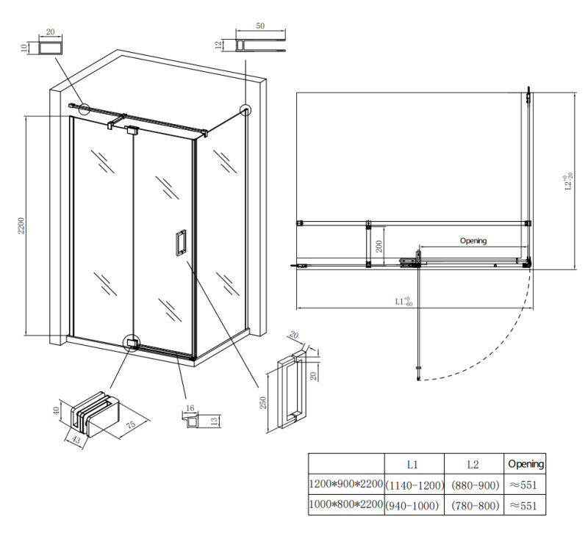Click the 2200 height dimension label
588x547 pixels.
[x=21, y=225]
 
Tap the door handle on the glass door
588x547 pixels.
[x=181, y=242]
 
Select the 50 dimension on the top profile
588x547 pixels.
[x=260, y=26]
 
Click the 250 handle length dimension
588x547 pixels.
[x=263, y=403]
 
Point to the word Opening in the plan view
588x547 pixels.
[x=473, y=241]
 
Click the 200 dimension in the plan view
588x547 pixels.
[x=379, y=246]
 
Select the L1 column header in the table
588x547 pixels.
[x=412, y=465]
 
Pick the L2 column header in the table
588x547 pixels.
[x=473, y=465]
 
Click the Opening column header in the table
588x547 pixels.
[x=526, y=464]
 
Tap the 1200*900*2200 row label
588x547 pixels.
[x=345, y=484]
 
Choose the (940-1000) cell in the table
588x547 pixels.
[x=412, y=506]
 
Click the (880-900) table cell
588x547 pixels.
[x=475, y=485]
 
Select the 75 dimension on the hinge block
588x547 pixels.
[x=131, y=425]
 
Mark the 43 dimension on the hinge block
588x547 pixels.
[x=76, y=439]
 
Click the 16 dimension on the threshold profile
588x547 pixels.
[x=190, y=408]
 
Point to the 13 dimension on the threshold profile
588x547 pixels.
[x=214, y=421]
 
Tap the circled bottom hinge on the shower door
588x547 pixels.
[x=132, y=343]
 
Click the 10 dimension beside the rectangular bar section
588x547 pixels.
[x=24, y=48]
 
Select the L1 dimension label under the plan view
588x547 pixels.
[x=404, y=301]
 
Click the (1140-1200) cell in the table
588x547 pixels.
[x=415, y=485]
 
